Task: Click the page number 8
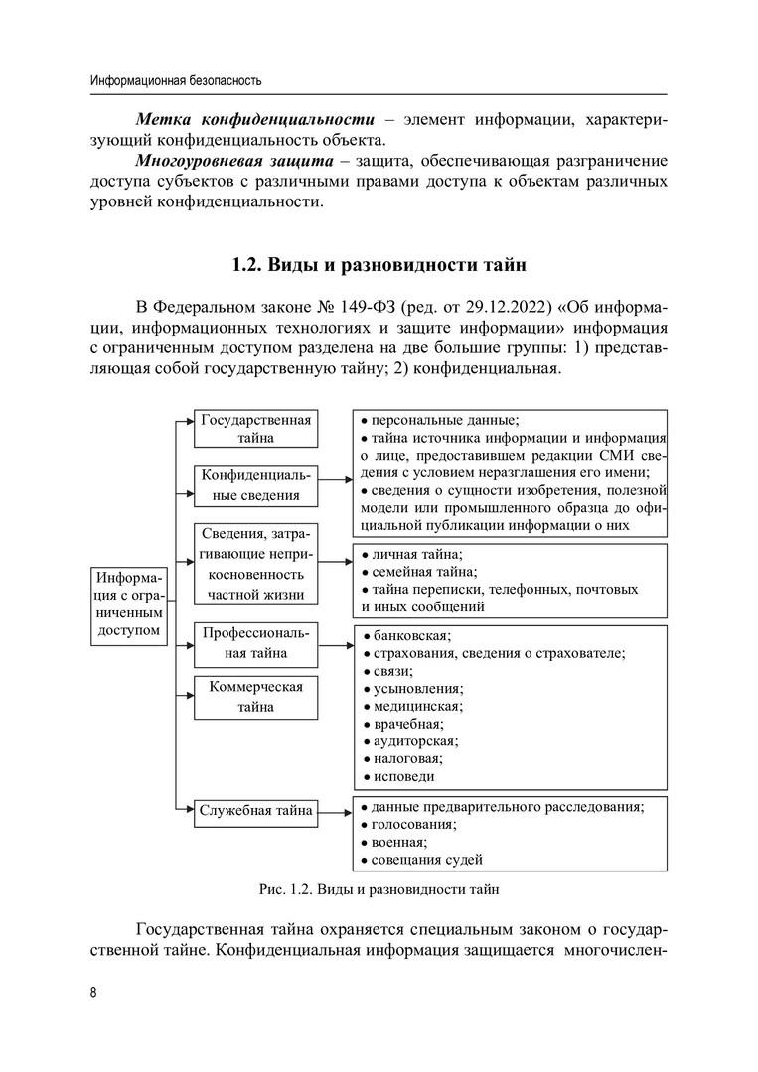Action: point(92,994)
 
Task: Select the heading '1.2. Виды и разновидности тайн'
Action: point(379,265)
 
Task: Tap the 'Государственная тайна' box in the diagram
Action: point(255,429)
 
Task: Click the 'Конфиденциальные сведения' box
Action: point(255,484)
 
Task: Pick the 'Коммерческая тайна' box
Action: point(255,696)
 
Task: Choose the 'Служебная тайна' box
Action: point(255,811)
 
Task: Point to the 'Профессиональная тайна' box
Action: point(255,643)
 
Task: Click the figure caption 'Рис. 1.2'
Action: point(379,888)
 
